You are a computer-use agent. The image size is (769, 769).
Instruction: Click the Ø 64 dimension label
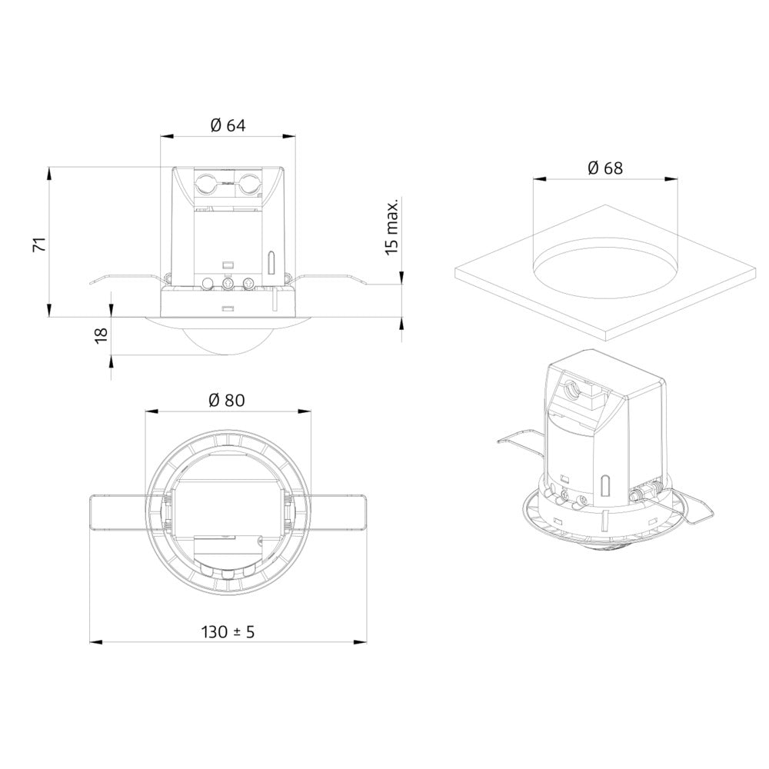pos(227,126)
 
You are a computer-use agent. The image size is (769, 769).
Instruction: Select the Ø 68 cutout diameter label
pos(604,168)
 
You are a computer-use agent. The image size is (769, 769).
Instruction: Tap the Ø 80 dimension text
pos(227,400)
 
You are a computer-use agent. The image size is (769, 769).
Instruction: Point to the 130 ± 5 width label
pos(228,631)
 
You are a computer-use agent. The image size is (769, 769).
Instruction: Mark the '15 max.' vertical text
pos(392,227)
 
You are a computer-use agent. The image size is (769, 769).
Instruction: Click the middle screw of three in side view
pos(228,284)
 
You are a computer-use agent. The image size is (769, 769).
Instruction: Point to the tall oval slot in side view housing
pos(271,262)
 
